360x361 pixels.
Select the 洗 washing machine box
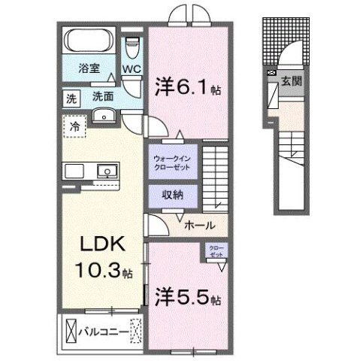(x=70, y=96)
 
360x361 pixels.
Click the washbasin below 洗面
(x=104, y=115)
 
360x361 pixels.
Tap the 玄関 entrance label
(x=292, y=81)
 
